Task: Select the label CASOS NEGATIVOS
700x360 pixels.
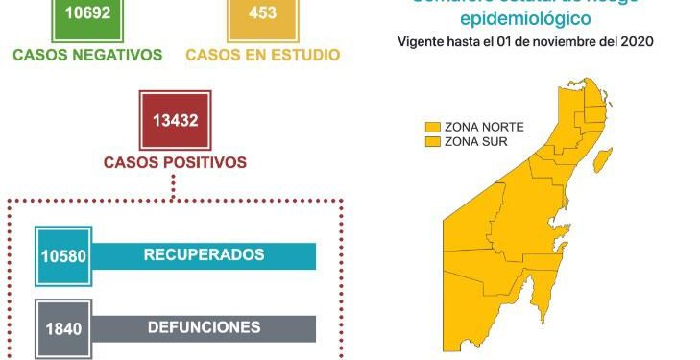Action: click(x=87, y=55)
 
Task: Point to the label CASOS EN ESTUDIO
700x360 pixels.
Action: click(x=262, y=55)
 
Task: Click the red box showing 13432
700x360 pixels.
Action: click(x=175, y=121)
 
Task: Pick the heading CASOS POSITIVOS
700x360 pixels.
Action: click(x=175, y=162)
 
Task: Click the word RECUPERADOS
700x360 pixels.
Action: click(x=204, y=255)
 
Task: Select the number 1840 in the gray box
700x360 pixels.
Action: click(x=63, y=329)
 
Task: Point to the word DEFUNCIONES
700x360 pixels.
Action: click(x=204, y=327)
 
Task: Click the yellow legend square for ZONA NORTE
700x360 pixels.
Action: click(x=434, y=127)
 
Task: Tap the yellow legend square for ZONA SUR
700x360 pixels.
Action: click(x=434, y=141)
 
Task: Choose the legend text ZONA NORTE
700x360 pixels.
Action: click(x=476, y=127)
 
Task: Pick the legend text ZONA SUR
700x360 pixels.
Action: click(x=470, y=141)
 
